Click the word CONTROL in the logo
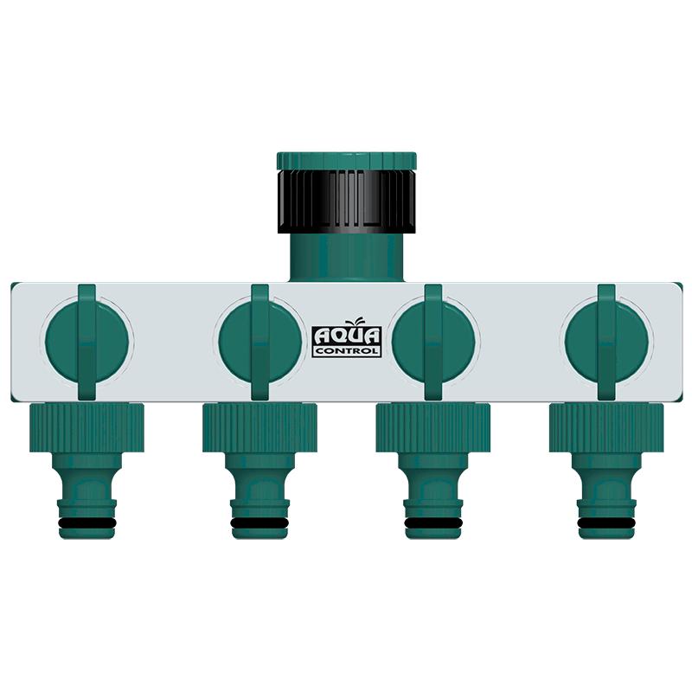346,352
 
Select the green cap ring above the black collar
347,161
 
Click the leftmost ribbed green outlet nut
87,428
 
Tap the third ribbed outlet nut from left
433,428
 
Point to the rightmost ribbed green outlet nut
606,428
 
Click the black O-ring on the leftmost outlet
87,524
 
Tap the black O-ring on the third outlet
433,524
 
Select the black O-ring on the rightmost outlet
606,524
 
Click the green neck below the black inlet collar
347,256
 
